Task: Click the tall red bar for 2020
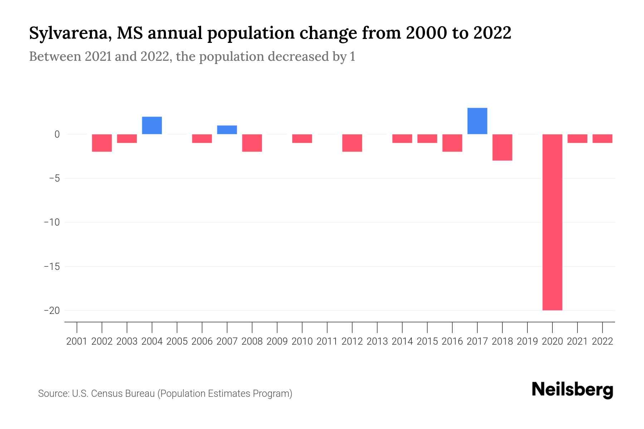(x=552, y=222)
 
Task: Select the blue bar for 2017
(x=477, y=121)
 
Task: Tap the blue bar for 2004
(x=152, y=125)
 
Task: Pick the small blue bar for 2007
(x=227, y=130)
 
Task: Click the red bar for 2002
(x=102, y=143)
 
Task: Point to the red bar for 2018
(x=502, y=147)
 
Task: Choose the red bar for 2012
(x=352, y=143)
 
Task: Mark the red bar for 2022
(x=602, y=138)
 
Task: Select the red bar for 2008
(x=252, y=143)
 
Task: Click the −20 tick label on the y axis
(x=52, y=310)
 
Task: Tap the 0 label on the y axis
(x=57, y=134)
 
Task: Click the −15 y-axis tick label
(x=52, y=266)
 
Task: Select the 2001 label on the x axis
(x=77, y=341)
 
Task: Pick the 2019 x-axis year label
(x=527, y=341)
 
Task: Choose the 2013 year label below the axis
(x=377, y=341)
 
